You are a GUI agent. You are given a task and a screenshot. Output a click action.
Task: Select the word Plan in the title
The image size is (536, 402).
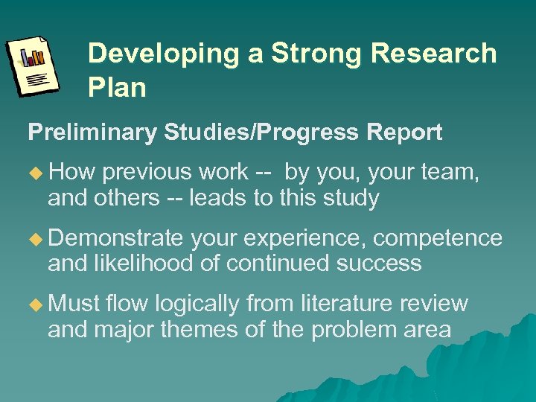coord(117,88)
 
